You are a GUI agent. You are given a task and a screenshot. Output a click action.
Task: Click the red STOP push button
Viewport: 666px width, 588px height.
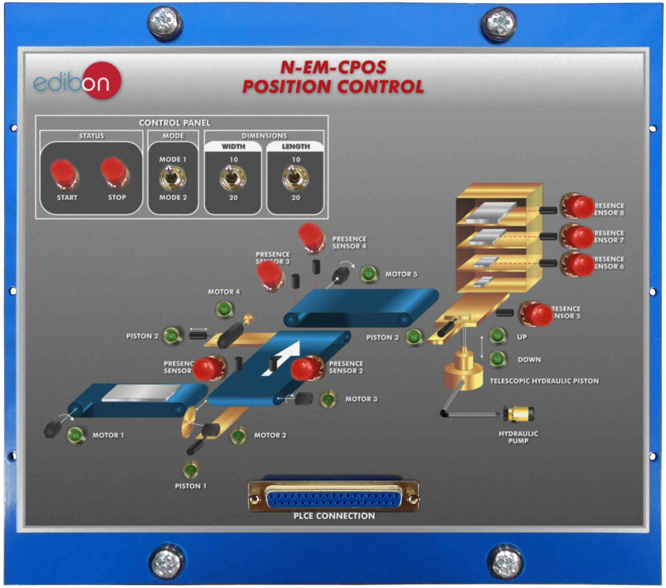tap(113, 173)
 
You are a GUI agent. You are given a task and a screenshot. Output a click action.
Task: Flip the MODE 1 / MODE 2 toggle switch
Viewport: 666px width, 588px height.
tap(173, 178)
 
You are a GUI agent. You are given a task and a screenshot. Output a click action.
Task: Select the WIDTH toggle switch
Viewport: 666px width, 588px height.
tap(233, 178)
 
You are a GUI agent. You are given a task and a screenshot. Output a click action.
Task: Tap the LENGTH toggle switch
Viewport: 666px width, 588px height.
tap(295, 178)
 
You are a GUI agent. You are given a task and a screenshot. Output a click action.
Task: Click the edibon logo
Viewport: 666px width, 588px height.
tap(77, 82)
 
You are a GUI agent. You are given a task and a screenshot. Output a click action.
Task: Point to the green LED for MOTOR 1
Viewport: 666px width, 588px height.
tap(76, 435)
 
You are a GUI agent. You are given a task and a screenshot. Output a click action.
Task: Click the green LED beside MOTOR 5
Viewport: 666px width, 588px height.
tap(369, 273)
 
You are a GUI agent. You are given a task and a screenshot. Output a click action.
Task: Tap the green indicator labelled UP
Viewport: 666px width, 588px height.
tap(498, 336)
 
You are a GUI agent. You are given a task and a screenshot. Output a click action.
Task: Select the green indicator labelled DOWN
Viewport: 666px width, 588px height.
tap(498, 359)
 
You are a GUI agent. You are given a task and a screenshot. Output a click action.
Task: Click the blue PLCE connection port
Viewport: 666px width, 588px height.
tap(334, 499)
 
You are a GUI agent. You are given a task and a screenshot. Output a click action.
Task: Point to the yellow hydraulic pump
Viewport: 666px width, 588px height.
tap(519, 414)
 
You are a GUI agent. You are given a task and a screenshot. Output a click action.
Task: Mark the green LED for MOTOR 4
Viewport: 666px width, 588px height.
tap(225, 309)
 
